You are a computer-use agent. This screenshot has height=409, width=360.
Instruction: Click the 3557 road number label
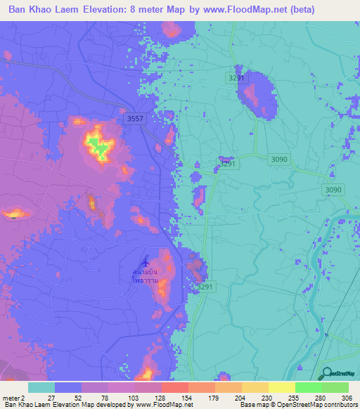(x=136, y=119)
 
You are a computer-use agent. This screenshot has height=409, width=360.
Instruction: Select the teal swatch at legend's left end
(x=41, y=387)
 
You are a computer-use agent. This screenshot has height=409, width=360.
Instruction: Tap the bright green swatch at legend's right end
(x=335, y=387)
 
